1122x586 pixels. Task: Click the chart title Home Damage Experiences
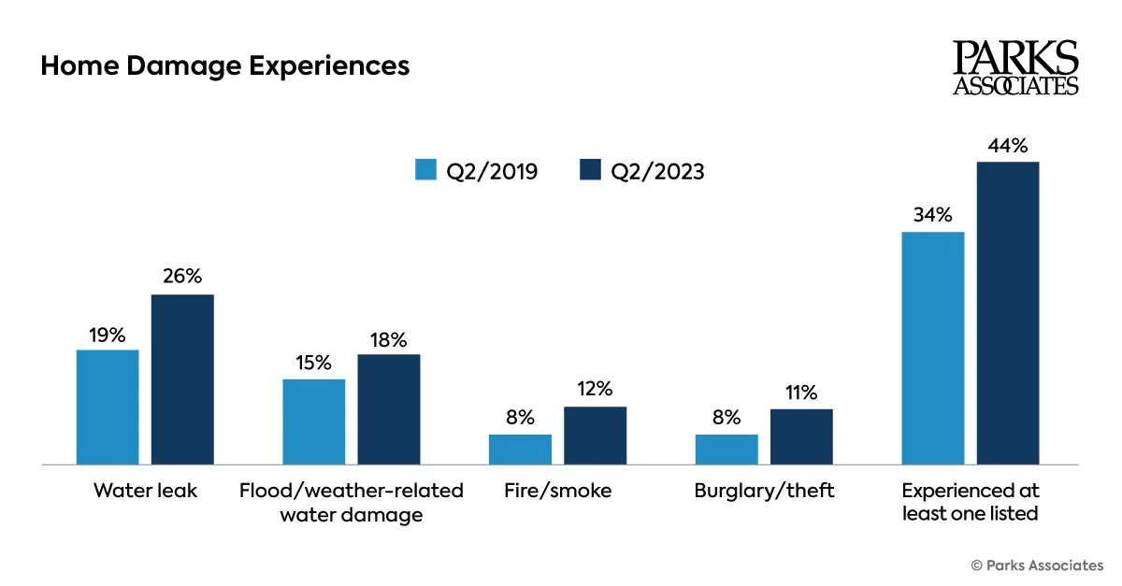224,67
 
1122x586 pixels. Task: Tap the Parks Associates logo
1015,67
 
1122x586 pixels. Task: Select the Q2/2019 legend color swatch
426,170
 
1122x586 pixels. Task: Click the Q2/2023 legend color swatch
590,170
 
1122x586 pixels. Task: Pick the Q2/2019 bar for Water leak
108,407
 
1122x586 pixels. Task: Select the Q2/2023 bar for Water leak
182,379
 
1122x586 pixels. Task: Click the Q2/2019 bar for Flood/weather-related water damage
313,422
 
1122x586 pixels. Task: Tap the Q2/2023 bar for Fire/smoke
595,436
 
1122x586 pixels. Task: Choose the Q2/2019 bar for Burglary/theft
726,449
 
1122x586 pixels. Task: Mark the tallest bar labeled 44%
1008,313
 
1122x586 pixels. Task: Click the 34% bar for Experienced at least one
932,348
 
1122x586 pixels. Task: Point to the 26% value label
182,278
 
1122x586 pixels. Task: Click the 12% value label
595,389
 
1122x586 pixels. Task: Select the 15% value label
313,363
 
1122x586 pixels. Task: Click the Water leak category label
145,491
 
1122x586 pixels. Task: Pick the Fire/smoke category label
557,491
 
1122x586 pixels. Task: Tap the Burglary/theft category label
764,491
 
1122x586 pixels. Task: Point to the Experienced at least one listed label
971,502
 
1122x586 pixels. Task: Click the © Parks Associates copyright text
1037,565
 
